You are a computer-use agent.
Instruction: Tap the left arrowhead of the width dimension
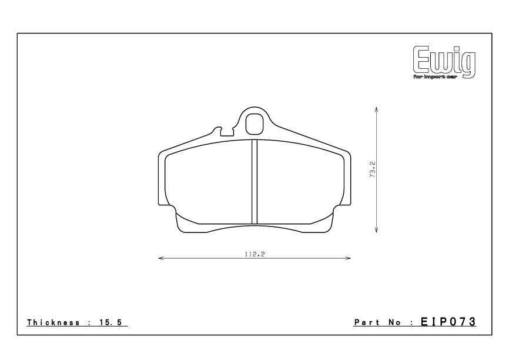160,258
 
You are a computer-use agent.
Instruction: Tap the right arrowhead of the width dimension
349,258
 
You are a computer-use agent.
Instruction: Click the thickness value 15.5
113,323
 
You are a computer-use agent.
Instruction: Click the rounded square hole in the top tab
254,123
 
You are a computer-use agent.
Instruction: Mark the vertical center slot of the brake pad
254,182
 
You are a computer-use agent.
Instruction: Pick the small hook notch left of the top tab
220,129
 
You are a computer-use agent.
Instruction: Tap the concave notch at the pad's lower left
171,209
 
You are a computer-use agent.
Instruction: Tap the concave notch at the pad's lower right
338,209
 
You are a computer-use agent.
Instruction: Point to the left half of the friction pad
209,182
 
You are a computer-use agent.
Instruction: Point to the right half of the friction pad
300,182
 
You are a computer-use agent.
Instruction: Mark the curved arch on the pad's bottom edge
254,227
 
